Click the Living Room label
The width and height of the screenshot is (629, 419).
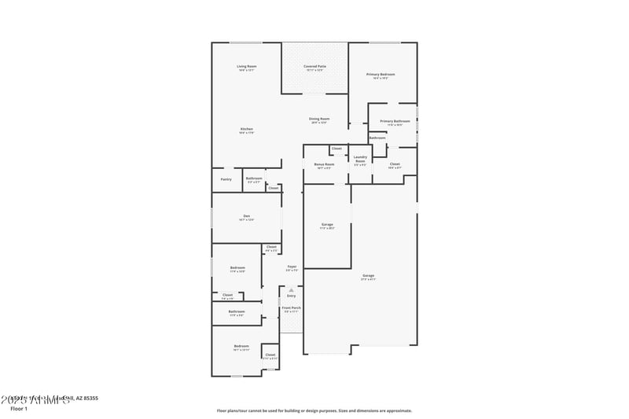pyautogui.click(x=247, y=66)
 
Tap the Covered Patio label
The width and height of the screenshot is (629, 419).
pyautogui.click(x=315, y=66)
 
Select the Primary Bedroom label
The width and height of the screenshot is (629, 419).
pyautogui.click(x=381, y=74)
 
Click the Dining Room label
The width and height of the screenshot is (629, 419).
pyautogui.click(x=319, y=119)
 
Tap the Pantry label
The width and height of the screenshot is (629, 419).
pyautogui.click(x=226, y=179)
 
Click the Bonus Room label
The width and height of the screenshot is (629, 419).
pyautogui.click(x=325, y=165)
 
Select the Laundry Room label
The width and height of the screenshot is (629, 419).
pyautogui.click(x=360, y=159)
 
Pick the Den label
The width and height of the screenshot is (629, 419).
pyautogui.click(x=246, y=216)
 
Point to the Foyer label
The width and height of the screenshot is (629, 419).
pyautogui.click(x=291, y=266)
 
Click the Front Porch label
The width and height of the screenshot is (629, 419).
pyautogui.click(x=292, y=308)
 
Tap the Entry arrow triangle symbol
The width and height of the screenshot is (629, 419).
pyautogui.click(x=291, y=289)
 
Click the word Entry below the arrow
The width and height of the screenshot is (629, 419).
pyautogui.click(x=291, y=296)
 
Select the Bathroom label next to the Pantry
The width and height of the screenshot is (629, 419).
pyautogui.click(x=253, y=178)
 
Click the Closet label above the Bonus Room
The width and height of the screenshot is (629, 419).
pyautogui.click(x=337, y=149)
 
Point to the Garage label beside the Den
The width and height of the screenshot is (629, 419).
pyautogui.click(x=327, y=225)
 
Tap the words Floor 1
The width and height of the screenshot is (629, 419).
pyautogui.click(x=19, y=408)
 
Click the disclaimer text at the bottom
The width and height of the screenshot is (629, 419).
pyautogui.click(x=314, y=410)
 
